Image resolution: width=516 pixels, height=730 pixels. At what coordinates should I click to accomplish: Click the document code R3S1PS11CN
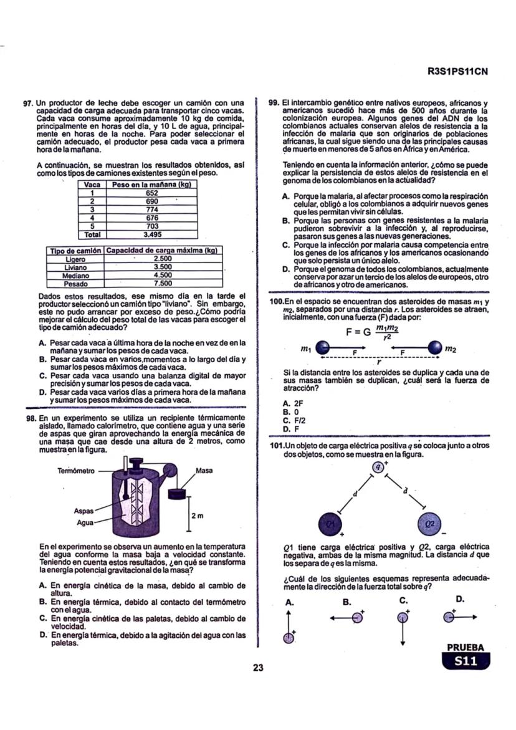(x=457, y=71)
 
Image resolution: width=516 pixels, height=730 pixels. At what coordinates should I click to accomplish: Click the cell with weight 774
(x=151, y=210)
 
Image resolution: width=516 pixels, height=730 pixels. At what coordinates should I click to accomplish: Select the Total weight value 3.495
(x=151, y=234)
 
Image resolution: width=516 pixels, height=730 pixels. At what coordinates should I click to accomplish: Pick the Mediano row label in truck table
(x=75, y=275)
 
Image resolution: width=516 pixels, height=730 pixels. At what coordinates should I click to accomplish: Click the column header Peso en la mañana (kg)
(x=151, y=185)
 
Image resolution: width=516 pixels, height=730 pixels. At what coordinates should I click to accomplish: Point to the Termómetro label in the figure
(x=75, y=471)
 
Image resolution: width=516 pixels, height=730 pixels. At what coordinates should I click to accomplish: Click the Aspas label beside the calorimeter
(x=84, y=510)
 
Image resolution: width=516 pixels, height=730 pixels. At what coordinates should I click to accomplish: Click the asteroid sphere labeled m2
(x=433, y=348)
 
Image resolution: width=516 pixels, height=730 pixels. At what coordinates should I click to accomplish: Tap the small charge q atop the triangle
(x=378, y=466)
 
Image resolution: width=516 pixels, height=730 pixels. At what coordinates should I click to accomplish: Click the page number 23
(x=258, y=668)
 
